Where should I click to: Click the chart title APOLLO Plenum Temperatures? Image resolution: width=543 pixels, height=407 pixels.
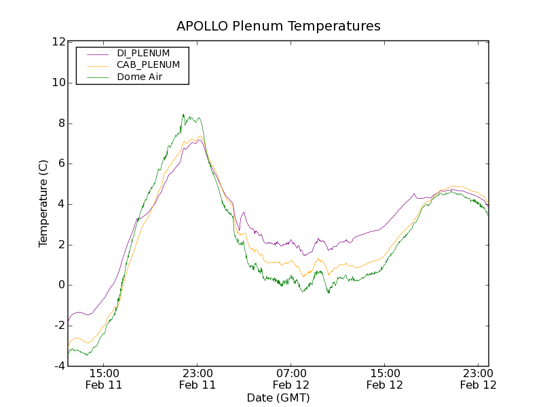point(278,26)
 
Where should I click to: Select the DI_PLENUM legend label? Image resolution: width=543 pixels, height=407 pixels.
point(143,53)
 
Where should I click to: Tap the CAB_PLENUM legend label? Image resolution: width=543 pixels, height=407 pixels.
point(148,65)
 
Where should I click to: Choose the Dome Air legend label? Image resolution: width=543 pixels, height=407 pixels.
point(139,77)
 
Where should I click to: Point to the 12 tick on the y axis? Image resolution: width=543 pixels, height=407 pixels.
point(58,42)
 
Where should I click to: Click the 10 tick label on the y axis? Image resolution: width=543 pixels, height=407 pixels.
point(58,83)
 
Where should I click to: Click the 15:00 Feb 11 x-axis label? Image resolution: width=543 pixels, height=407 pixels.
point(104,379)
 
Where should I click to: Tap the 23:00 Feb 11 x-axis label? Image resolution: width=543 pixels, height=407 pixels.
point(198,379)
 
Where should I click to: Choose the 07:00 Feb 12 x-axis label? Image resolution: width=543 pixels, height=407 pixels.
point(291,379)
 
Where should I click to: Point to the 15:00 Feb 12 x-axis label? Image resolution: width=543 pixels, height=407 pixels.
point(385,379)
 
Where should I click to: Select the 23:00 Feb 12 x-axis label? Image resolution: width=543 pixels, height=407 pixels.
point(479,379)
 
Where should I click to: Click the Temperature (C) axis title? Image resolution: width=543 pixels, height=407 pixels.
point(43,203)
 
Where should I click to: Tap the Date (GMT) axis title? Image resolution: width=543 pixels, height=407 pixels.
point(278,398)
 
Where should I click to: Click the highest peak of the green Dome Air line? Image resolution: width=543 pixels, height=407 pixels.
point(183,115)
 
